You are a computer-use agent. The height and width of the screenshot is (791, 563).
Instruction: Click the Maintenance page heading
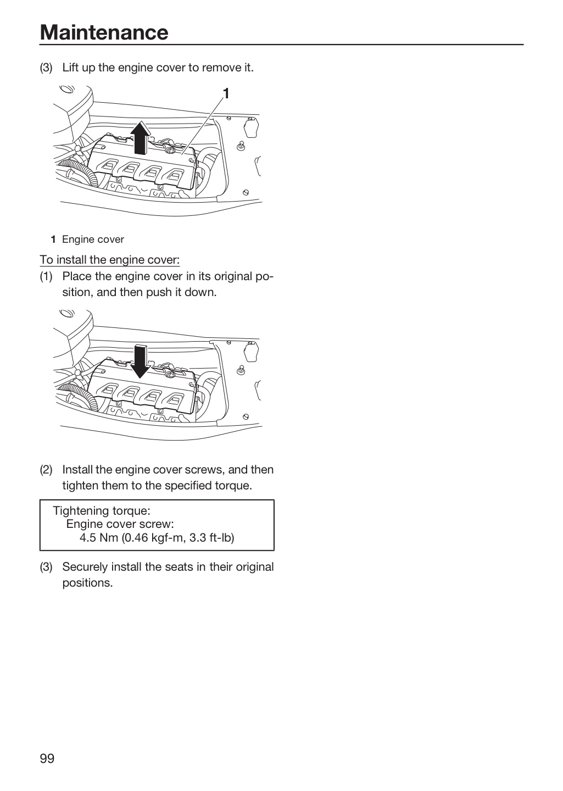pos(104,32)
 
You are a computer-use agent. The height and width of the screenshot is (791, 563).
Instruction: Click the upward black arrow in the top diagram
pos(140,138)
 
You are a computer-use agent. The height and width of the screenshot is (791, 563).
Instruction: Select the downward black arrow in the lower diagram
pos(140,361)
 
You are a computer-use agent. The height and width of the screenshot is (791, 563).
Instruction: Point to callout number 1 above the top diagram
pos(226,93)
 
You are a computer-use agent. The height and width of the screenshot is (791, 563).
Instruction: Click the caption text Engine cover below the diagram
pos(93,239)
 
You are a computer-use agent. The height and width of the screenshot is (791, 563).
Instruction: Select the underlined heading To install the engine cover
pos(109,260)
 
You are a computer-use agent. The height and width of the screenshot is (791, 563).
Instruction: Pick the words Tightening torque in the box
pos(102,511)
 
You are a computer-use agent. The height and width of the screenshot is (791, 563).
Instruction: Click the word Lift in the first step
pos(71,68)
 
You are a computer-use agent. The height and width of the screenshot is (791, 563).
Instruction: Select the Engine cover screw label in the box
pos(120,524)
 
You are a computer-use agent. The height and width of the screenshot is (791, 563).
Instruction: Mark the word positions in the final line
pos(87,583)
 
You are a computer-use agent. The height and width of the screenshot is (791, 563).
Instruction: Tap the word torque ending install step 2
pos(234,486)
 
